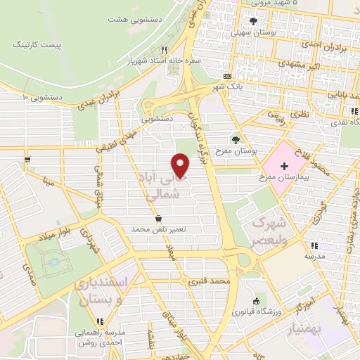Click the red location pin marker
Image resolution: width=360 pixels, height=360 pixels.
click(x=181, y=165)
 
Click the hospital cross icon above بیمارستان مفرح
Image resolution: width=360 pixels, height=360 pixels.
click(x=284, y=166)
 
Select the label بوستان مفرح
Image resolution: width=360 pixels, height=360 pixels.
click(x=235, y=151)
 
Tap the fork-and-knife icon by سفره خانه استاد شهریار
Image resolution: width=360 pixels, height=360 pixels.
click(x=164, y=50)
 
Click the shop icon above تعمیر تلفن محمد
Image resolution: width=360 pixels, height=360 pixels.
click(x=167, y=219)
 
